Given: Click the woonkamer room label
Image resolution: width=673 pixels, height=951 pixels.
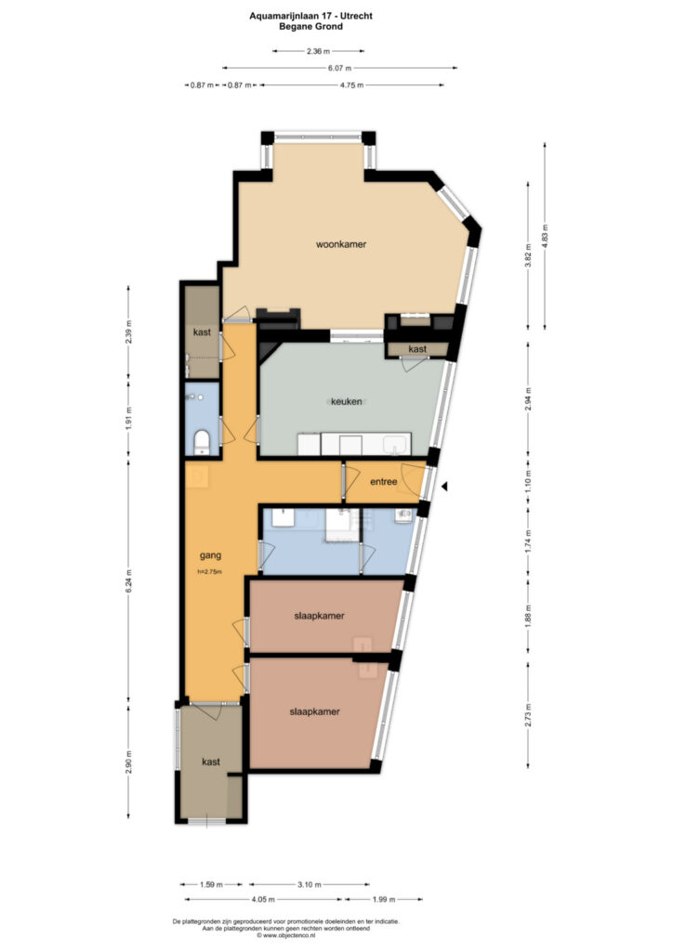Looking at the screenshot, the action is point(341,244).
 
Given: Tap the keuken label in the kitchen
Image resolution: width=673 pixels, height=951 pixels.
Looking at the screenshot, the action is point(347,401).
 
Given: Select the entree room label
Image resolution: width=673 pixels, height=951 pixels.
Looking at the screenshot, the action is point(384,482).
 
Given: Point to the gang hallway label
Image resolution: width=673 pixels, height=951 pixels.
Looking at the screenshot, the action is point(211,555).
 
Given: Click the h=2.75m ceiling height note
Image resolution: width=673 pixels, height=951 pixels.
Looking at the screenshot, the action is point(210,572).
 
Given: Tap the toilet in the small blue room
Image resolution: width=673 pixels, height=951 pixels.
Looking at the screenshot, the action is point(201,442).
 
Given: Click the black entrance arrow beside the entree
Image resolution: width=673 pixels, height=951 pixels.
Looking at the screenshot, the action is point(444,487).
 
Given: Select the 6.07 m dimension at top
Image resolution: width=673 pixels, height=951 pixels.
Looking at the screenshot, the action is point(340,68).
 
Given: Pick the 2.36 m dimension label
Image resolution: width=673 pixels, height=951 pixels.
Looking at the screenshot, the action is point(318,51).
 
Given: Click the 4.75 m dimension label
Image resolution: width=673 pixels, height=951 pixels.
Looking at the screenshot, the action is point(351,85).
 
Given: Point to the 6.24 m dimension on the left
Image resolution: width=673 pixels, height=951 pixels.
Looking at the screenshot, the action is point(128,581).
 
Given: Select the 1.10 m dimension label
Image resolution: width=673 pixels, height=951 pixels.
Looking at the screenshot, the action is point(528,482).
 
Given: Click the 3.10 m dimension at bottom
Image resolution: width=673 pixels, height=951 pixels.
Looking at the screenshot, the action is point(310,885).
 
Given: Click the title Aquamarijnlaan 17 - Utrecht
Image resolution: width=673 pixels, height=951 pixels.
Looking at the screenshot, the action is point(310,17).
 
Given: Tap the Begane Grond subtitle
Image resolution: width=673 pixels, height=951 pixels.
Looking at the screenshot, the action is point(310,27).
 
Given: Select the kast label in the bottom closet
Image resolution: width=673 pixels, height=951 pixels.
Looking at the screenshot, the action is point(211,762).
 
